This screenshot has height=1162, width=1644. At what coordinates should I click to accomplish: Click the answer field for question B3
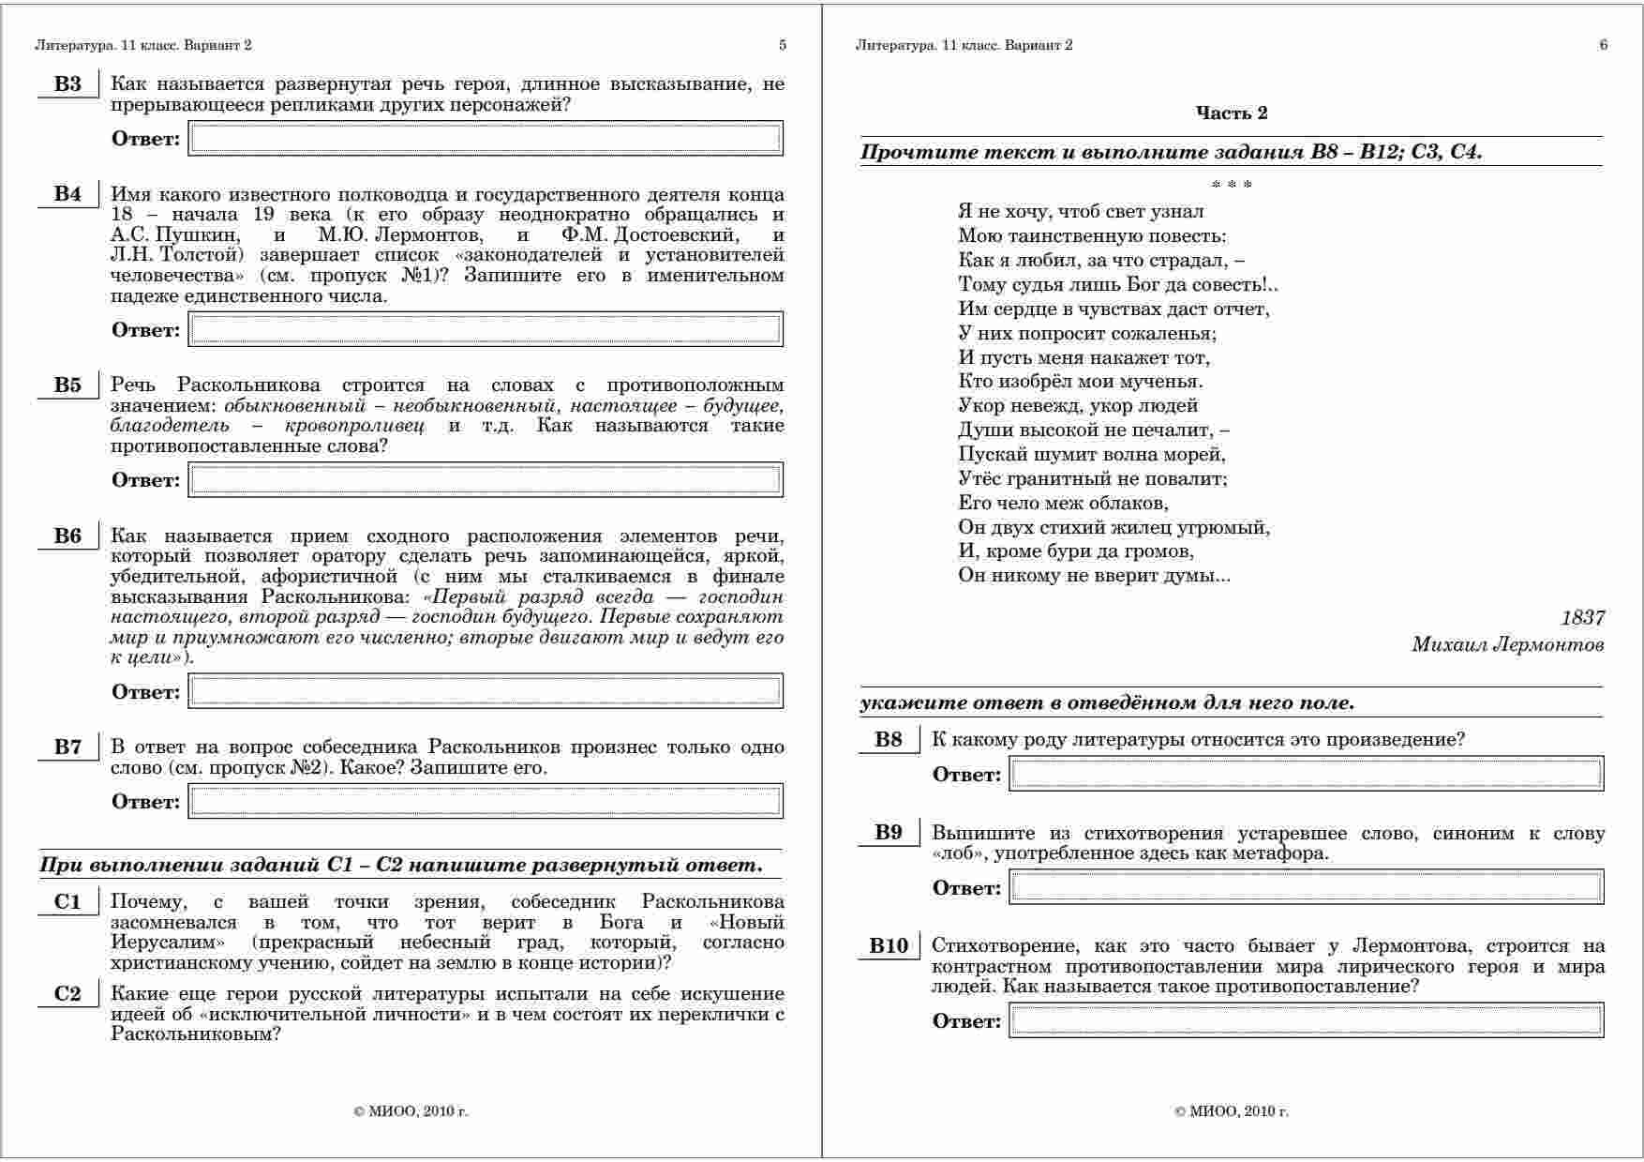click(486, 139)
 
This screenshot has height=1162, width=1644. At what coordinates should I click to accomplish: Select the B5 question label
click(67, 385)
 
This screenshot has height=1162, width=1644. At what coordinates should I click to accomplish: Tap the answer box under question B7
click(486, 802)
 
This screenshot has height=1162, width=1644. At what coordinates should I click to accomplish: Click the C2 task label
click(67, 995)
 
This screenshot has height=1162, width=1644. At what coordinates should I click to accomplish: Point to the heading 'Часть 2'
click(1231, 113)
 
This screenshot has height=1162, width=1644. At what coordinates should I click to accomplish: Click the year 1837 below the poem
click(1582, 618)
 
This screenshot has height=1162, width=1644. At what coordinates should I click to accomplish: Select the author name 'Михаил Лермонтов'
click(1507, 645)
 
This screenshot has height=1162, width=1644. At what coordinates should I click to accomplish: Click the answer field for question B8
click(1306, 775)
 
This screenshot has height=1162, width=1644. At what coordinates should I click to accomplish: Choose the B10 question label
click(889, 946)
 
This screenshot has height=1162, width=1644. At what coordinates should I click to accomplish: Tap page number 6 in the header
click(1603, 45)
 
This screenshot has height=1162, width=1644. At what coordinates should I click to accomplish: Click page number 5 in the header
click(783, 45)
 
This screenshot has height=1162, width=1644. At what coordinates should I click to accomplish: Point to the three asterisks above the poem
click(1231, 185)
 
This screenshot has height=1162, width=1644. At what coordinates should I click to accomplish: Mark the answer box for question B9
click(1306, 888)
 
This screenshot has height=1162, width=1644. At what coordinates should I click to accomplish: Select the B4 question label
click(67, 195)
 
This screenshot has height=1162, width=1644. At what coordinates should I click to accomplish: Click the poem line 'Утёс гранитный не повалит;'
click(1092, 479)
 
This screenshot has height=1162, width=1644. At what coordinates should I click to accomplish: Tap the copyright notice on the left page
click(411, 1112)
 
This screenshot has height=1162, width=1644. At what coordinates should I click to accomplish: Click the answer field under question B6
click(486, 692)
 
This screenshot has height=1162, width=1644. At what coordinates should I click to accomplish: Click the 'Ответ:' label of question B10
click(966, 1022)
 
